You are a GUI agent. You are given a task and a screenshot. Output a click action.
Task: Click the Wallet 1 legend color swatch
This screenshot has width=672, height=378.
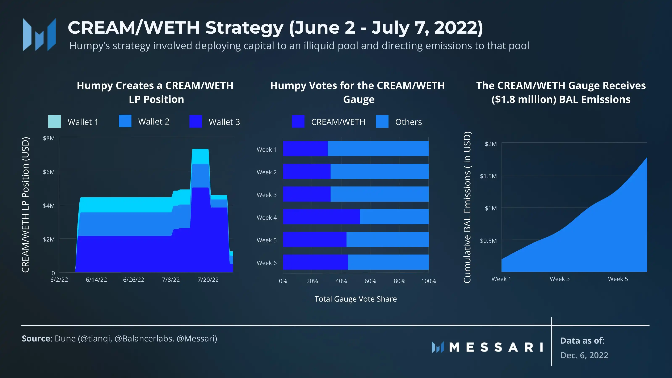(x=55, y=121)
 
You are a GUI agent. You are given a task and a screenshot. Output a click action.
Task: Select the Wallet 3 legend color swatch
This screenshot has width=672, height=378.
(x=195, y=121)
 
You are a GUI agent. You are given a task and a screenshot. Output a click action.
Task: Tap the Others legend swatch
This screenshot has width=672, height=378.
(x=382, y=121)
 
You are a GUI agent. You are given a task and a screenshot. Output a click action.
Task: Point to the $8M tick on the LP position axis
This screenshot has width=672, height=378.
(x=49, y=138)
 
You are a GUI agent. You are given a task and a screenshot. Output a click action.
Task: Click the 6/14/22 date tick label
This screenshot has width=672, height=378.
(x=96, y=280)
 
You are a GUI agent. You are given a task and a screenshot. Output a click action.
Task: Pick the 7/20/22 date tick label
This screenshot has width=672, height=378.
(x=208, y=280)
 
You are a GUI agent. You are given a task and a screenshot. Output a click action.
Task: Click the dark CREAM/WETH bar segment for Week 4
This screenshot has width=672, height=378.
(x=321, y=217)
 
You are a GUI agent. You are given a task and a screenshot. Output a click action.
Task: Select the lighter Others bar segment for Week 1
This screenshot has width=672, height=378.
(x=378, y=149)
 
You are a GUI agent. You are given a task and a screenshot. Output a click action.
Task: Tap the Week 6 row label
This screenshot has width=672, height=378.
(x=266, y=263)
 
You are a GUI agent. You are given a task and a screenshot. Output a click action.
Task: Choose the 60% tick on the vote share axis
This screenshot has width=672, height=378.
(x=370, y=281)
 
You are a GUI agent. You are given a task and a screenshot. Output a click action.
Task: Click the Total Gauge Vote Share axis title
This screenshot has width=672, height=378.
(x=355, y=299)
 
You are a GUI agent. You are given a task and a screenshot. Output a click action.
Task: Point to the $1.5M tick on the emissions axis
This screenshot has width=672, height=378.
(x=488, y=176)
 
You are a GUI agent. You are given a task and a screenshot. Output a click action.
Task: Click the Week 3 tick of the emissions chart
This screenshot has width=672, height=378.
(x=560, y=279)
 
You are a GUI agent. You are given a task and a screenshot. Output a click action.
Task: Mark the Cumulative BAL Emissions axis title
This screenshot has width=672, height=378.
(x=467, y=207)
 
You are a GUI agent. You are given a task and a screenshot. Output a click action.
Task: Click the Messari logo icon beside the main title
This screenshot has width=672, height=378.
(x=39, y=34)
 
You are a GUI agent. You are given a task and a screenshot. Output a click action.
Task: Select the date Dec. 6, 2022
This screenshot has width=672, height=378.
(x=584, y=355)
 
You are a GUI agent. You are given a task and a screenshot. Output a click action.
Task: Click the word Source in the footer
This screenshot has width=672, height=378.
(x=36, y=338)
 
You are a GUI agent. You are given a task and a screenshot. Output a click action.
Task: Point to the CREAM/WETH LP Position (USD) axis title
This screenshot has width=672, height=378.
(x=25, y=205)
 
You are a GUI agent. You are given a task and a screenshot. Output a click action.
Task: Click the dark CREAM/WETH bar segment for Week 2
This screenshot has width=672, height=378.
(x=307, y=171)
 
